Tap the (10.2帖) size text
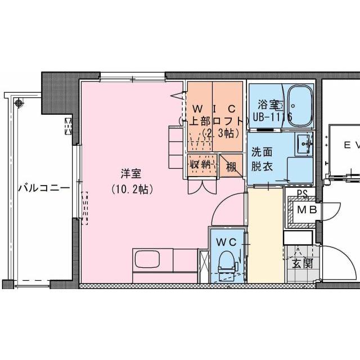click(130, 190)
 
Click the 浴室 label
click(268, 105)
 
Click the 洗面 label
click(263, 152)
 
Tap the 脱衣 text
click(263, 166)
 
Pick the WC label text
click(227, 242)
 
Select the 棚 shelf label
click(231, 167)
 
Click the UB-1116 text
click(272, 118)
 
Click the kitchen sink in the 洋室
click(147, 259)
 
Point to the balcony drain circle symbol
click(20, 103)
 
